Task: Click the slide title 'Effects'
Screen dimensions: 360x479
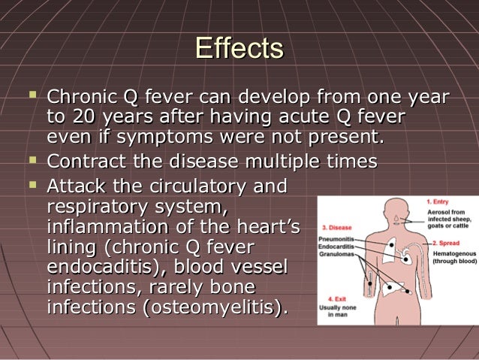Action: pos(239,49)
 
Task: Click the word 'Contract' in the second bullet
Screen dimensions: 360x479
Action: pos(85,162)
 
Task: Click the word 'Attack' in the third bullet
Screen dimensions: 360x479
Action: pos(72,185)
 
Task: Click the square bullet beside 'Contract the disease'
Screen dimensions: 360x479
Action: pos(33,160)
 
